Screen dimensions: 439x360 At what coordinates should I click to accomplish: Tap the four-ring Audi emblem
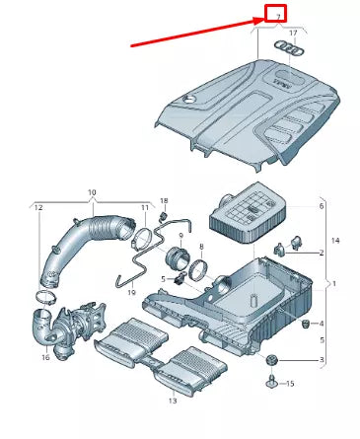click(x=290, y=48)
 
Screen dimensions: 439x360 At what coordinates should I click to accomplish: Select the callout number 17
click(x=291, y=34)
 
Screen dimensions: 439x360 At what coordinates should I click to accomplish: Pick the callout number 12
click(x=38, y=207)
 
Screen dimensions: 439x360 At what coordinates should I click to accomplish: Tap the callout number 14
click(x=334, y=241)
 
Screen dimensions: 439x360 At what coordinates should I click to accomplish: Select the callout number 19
click(x=130, y=294)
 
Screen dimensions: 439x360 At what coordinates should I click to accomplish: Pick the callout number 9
click(x=181, y=235)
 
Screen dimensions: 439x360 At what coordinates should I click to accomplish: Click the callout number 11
click(x=144, y=208)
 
